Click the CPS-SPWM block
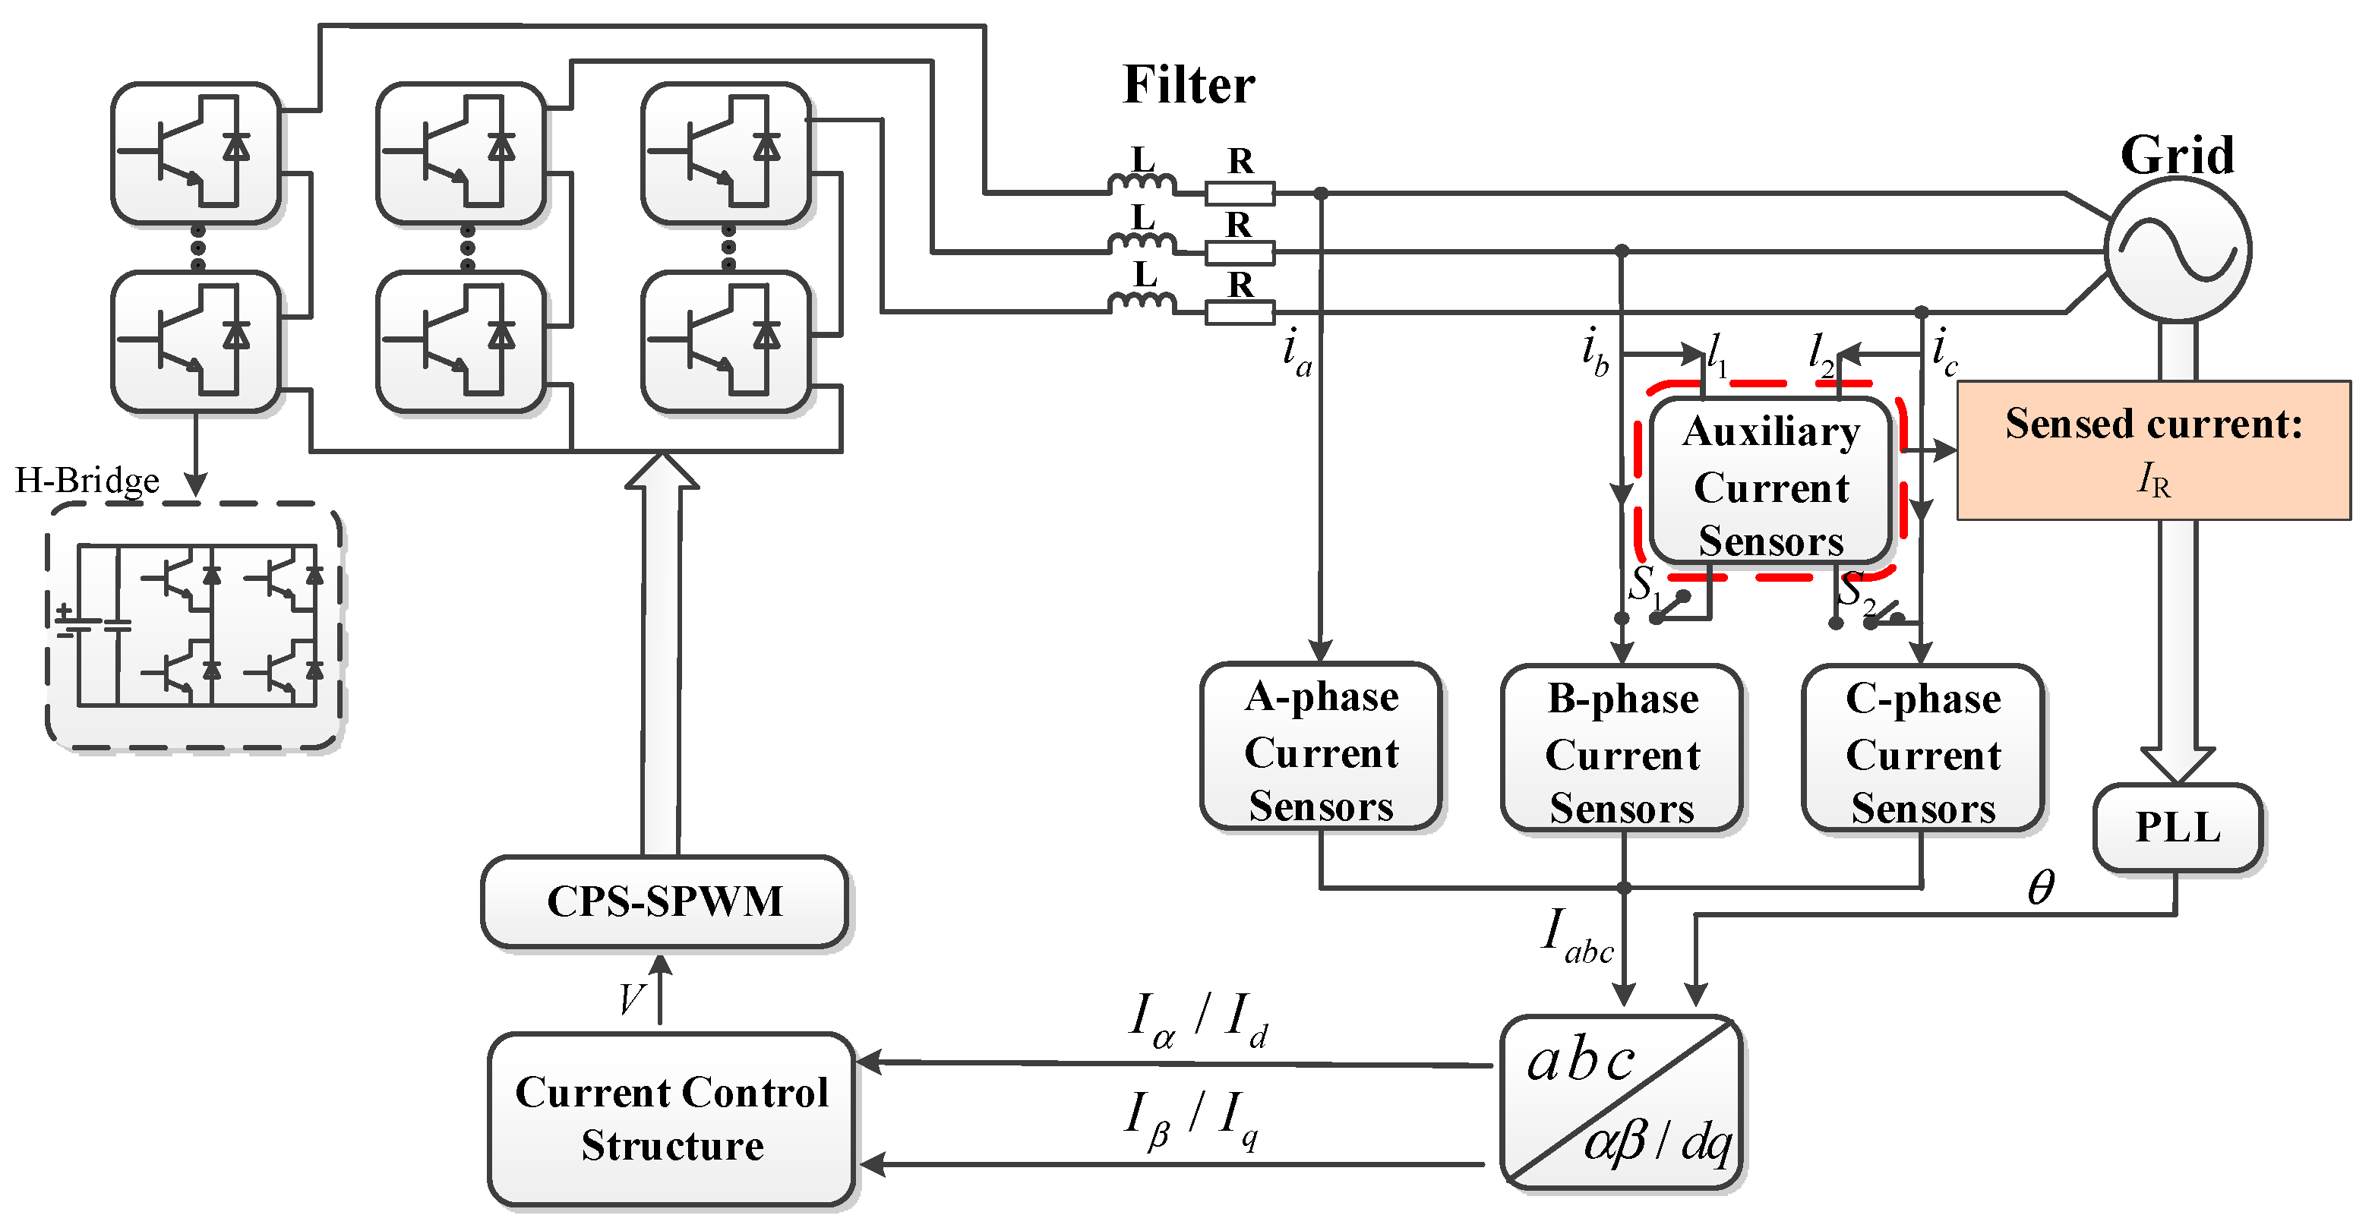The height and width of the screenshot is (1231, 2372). [664, 901]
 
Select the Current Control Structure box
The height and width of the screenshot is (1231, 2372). [672, 1118]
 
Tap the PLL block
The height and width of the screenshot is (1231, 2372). [2177, 827]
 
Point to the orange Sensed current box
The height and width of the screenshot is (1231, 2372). [2152, 450]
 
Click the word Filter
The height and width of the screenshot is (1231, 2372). [1188, 85]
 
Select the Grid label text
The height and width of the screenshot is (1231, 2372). [2177, 155]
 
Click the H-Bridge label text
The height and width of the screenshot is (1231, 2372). [87, 480]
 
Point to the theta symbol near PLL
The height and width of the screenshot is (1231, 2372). [2041, 888]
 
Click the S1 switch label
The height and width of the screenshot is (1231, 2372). [1644, 586]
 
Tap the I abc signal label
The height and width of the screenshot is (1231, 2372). [1577, 936]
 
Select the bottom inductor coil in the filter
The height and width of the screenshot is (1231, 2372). [1141, 303]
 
